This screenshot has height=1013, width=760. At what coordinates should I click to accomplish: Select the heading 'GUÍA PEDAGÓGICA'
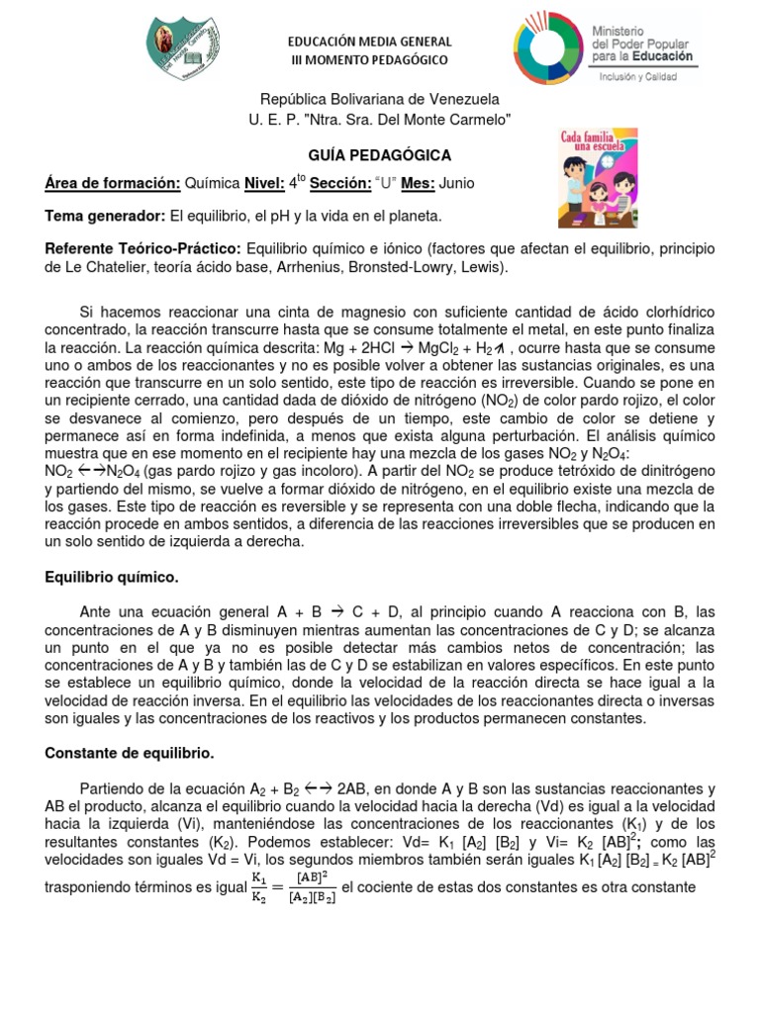coord(380,155)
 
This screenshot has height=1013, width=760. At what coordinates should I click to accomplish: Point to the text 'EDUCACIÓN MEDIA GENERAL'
coord(369,42)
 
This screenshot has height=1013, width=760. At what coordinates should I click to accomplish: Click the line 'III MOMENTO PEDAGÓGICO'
coord(369,60)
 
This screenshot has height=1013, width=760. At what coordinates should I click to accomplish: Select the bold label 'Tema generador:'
coord(106,215)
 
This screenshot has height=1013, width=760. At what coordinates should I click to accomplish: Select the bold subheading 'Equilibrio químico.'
coord(112,576)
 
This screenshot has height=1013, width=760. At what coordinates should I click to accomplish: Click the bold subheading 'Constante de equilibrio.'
coord(129,753)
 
